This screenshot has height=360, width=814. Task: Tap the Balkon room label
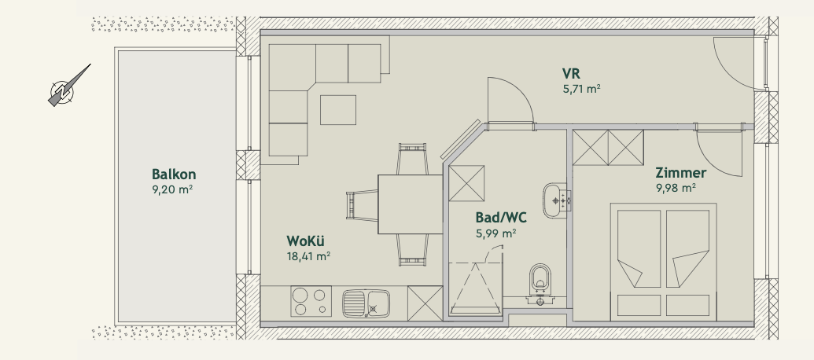[x=174, y=174]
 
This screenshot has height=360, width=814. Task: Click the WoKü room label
[x=307, y=241]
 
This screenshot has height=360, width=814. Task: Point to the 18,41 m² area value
[x=308, y=255]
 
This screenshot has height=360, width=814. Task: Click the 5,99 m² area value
[x=495, y=233]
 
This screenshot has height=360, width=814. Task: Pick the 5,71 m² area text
[x=581, y=89]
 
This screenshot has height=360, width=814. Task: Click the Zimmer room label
[x=681, y=173]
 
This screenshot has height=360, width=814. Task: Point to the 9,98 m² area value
[x=676, y=188]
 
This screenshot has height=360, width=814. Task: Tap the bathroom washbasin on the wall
[x=556, y=197]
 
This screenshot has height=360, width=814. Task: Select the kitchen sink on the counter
[x=366, y=301]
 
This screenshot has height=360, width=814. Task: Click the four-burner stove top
[x=308, y=301]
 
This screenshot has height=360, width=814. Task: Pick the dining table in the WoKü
[x=409, y=204]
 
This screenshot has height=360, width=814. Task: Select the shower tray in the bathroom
[x=475, y=286]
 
